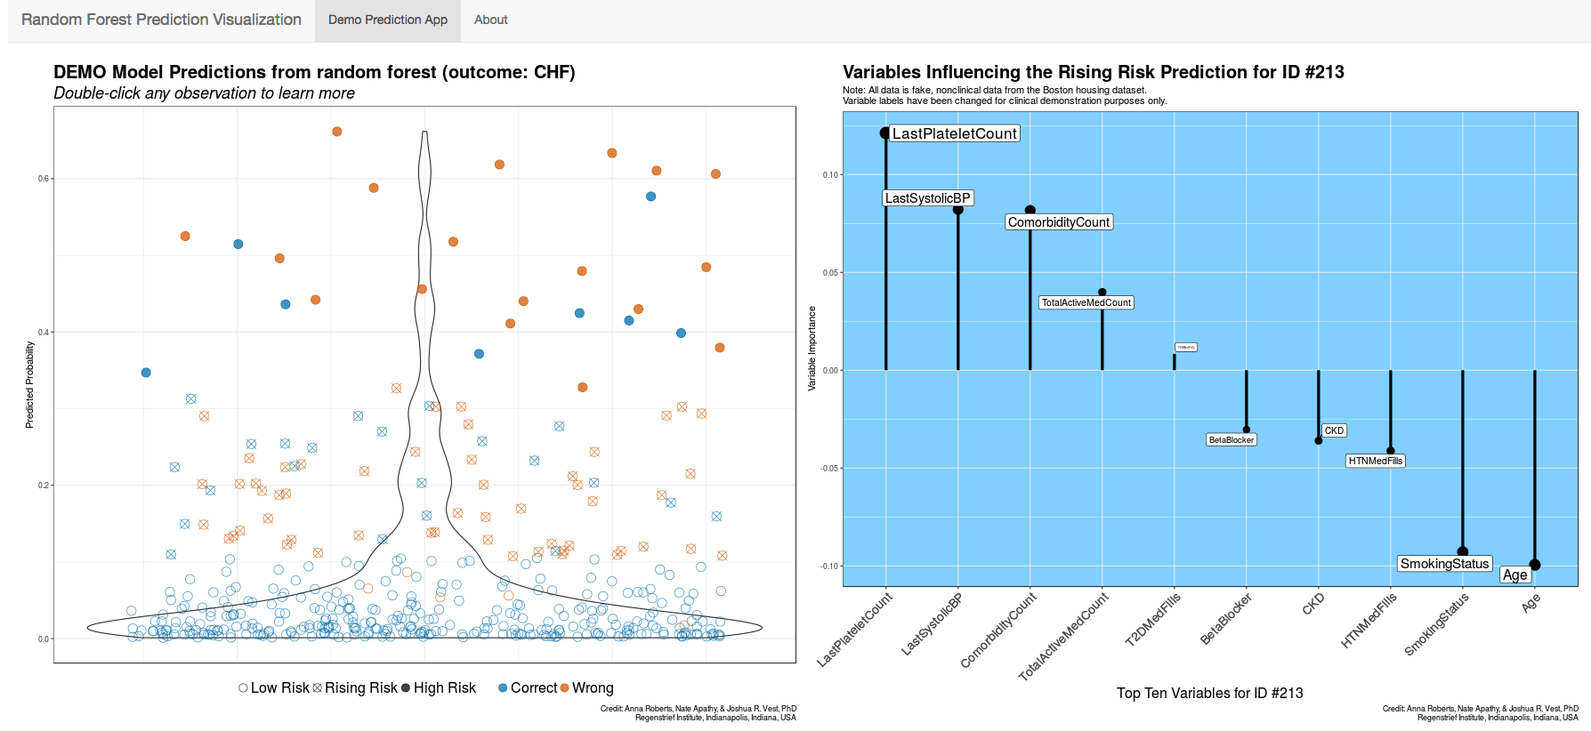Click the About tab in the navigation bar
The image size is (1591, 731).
[x=490, y=20]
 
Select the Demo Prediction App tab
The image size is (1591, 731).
[x=388, y=20]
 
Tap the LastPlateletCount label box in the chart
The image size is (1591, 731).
[x=954, y=133]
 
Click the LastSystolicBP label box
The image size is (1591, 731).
[x=927, y=198]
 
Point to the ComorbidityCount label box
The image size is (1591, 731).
[x=1059, y=222]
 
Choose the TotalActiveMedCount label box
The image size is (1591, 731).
[x=1086, y=302]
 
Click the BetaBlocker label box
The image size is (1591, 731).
[x=1232, y=440]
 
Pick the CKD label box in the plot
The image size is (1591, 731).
[x=1334, y=430]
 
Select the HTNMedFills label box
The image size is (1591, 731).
[x=1375, y=461]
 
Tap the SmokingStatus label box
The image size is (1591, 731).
[x=1444, y=564]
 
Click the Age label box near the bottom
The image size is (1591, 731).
[x=1514, y=574]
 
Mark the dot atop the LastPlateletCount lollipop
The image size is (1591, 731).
[x=885, y=133]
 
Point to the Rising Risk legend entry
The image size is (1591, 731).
[x=355, y=687]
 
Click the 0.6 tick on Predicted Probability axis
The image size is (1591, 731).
[x=44, y=179]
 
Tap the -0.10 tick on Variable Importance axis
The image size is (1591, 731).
[x=830, y=566]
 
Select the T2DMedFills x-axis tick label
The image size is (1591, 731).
[x=1153, y=619]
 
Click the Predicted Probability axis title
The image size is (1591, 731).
[x=29, y=385]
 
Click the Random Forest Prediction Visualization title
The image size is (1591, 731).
[x=161, y=20]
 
